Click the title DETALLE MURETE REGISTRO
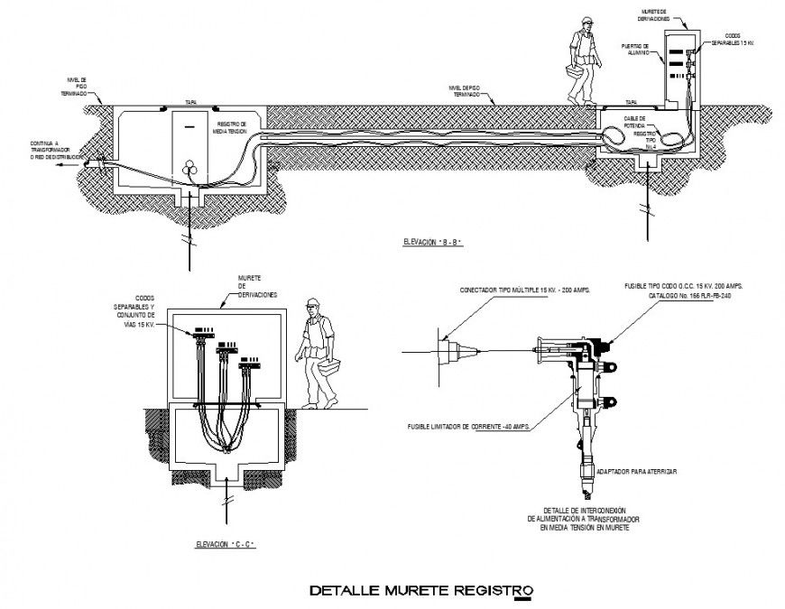pos(421,592)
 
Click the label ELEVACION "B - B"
pos(439,243)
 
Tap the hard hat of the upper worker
pos(587,23)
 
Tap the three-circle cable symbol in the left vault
pos(191,167)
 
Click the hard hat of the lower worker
pos(312,304)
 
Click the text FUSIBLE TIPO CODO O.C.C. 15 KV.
pos(688,285)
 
